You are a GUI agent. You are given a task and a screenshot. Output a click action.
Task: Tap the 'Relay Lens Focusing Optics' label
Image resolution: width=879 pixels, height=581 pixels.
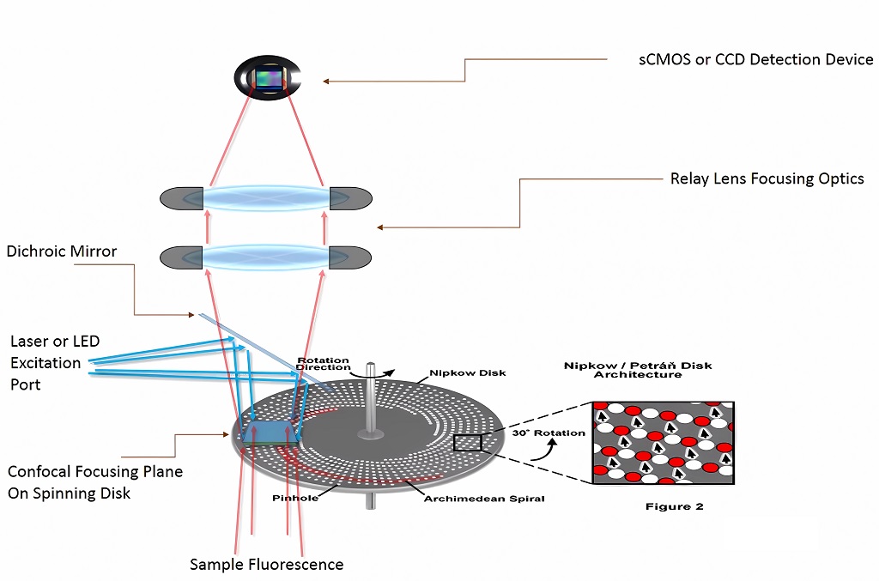pos(767,179)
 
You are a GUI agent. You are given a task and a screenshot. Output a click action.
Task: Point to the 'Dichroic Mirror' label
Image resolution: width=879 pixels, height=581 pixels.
pos(61,251)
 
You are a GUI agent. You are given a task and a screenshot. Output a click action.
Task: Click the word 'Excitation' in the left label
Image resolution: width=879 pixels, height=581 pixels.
pos(45,362)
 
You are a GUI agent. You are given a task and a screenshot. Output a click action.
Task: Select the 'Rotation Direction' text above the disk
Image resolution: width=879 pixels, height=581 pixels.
pos(324,363)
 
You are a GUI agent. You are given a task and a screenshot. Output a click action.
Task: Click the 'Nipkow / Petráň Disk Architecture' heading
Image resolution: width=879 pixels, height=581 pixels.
pos(637,370)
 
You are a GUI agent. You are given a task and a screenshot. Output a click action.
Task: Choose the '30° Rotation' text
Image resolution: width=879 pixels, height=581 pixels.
pos(549,433)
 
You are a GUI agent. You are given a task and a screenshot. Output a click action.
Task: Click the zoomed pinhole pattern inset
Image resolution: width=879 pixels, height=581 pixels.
pos(663,443)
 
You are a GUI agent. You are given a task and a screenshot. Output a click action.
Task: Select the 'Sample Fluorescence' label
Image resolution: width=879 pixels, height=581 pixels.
pos(266,564)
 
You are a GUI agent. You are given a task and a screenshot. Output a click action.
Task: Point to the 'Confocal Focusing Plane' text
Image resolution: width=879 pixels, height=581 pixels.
pos(95,471)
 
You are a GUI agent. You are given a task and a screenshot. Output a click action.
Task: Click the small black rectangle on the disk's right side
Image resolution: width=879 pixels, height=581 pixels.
pos(468,443)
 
